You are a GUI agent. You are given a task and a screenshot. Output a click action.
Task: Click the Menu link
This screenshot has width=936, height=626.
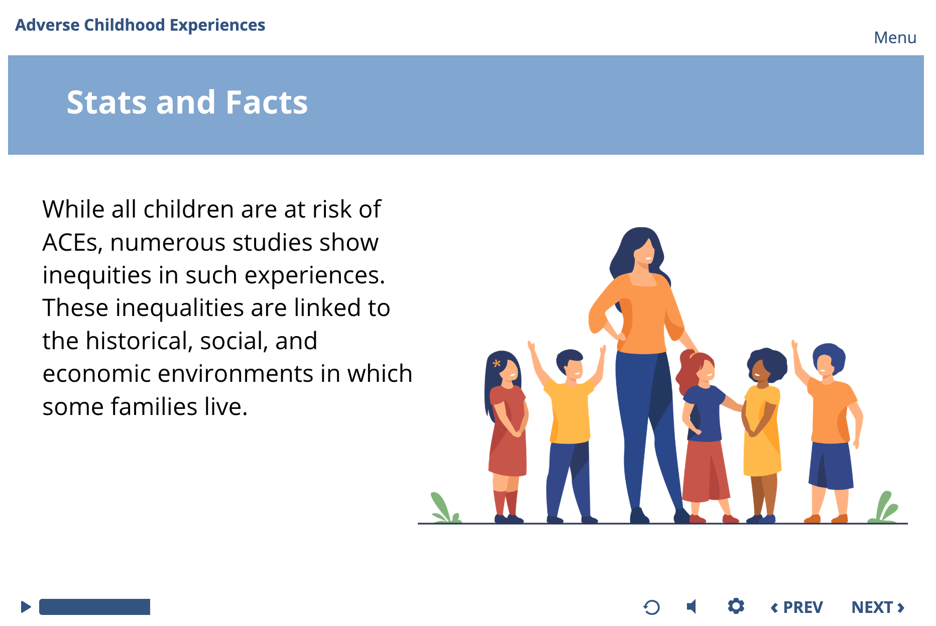point(895,38)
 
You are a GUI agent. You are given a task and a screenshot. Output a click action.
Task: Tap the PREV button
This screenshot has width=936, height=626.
point(797,607)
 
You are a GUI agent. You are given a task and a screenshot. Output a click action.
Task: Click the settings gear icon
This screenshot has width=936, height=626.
point(736,606)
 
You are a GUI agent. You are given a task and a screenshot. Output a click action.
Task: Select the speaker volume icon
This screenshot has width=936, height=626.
point(691,607)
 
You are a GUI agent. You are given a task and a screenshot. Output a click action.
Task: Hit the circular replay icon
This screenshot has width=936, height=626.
point(651,607)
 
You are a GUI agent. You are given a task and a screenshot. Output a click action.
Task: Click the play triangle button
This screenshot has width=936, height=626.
point(26,607)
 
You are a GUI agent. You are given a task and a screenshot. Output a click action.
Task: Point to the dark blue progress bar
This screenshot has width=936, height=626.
point(94,607)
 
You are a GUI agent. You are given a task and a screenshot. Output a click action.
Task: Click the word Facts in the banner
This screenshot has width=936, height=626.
point(267,102)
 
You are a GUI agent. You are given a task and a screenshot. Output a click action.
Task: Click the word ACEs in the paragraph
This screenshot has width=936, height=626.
point(73,243)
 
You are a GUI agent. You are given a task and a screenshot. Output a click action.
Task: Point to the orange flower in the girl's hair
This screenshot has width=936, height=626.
point(497,363)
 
